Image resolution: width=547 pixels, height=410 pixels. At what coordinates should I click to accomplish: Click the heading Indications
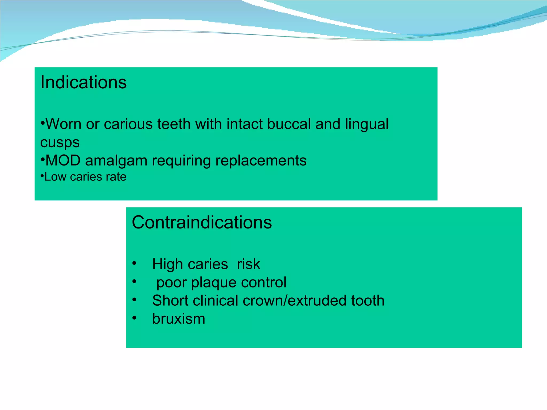(x=83, y=82)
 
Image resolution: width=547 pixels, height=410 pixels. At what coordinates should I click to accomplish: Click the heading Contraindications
(x=202, y=222)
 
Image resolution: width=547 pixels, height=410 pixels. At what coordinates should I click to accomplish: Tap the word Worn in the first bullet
(x=63, y=124)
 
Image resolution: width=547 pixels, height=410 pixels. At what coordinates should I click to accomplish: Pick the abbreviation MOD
(x=63, y=160)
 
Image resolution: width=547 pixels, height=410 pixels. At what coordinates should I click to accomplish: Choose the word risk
(x=248, y=264)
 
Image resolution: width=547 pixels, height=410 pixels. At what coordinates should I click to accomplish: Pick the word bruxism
(x=179, y=319)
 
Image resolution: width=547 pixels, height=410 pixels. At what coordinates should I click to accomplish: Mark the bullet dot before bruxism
(x=134, y=318)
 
